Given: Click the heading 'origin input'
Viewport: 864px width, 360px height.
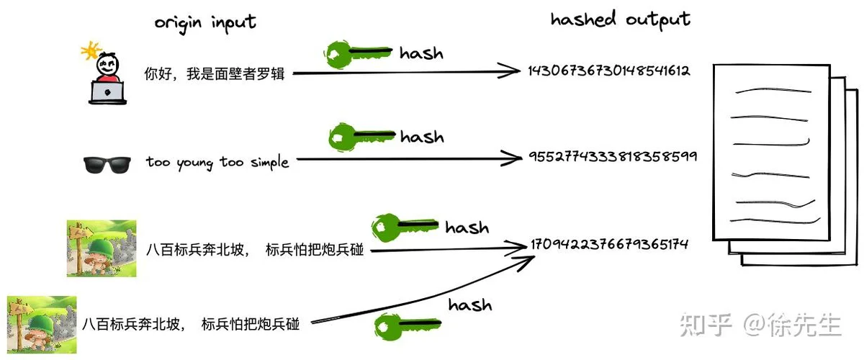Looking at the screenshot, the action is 204,23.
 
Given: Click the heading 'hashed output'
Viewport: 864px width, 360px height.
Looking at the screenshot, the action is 620,19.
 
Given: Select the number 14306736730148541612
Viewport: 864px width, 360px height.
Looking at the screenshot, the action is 608,71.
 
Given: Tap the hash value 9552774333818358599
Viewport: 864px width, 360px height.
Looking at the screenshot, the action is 613,156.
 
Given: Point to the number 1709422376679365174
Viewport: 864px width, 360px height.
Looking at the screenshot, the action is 609,244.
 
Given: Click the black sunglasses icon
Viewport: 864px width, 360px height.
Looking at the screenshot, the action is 107,165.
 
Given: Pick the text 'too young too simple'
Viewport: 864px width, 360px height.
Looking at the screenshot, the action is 217,163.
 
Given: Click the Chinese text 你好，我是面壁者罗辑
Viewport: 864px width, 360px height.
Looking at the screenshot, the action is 215,73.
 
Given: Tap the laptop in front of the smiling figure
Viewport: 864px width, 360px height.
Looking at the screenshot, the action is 107,93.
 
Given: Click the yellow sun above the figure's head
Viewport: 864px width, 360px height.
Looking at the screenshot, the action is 91,50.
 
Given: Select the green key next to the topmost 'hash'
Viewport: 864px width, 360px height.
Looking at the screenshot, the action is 358,55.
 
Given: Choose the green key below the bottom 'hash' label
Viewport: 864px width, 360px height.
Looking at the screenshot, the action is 408,326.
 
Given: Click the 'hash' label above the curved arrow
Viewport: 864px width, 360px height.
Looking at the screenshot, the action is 470,305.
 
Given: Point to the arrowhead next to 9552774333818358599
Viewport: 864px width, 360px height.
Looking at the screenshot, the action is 512,158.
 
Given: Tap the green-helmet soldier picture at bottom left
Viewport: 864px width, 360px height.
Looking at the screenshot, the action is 42,325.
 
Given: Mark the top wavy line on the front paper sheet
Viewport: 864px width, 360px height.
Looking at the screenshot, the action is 773,91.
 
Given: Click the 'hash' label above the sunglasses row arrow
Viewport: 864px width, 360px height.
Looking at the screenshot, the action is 422,137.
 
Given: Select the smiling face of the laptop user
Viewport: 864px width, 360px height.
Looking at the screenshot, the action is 107,64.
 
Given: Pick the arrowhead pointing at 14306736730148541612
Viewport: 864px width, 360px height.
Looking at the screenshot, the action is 509,71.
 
